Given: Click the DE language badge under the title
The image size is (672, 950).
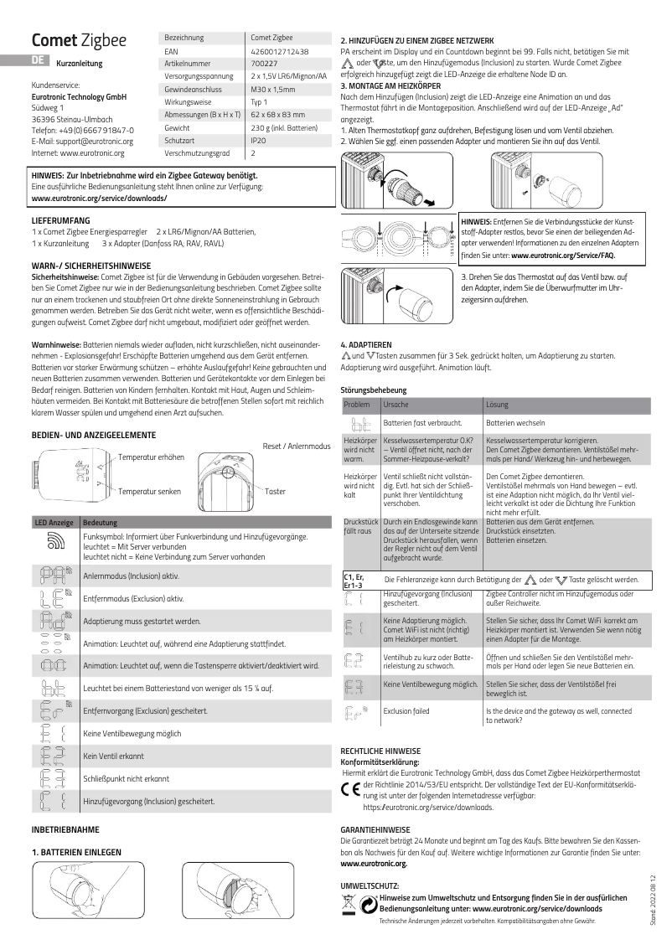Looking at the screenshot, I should [38, 59].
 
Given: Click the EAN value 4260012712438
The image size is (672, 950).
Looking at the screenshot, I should [280, 51].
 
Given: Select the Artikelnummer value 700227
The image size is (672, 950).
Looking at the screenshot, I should [265, 63].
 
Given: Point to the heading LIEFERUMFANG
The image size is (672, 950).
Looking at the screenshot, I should [56, 219].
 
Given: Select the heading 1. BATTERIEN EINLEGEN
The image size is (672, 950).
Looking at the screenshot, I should [78, 851].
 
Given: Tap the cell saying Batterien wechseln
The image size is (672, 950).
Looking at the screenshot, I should [517, 424].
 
